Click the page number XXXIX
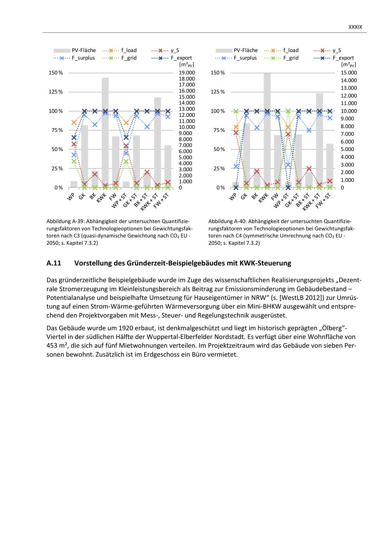pyautogui.click(x=355, y=27)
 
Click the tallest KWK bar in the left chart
pyautogui.click(x=105, y=132)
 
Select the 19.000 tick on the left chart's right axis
pyautogui.click(x=187, y=72)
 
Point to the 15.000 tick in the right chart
pyautogui.click(x=349, y=72)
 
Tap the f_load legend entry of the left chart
pyautogui.click(x=129, y=50)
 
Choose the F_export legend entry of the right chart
pyautogui.click(x=343, y=58)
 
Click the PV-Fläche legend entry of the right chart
pyautogui.click(x=246, y=50)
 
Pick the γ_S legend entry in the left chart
pyautogui.click(x=175, y=50)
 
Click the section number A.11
pyautogui.click(x=54, y=263)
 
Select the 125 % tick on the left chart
pyautogui.click(x=55, y=92)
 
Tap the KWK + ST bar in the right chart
pyautogui.click(x=319, y=140)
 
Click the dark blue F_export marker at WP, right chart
pyautogui.click(x=236, y=187)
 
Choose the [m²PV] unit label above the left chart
pyautogui.click(x=186, y=65)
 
